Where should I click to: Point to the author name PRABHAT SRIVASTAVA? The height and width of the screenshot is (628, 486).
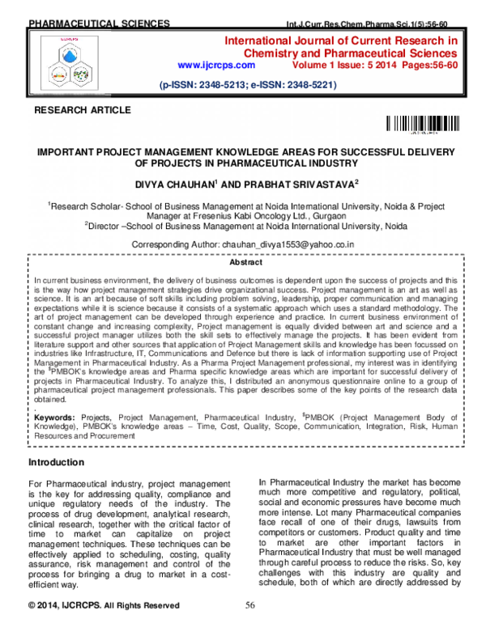tap(309, 184)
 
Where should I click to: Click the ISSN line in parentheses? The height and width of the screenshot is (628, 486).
tap(246, 84)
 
